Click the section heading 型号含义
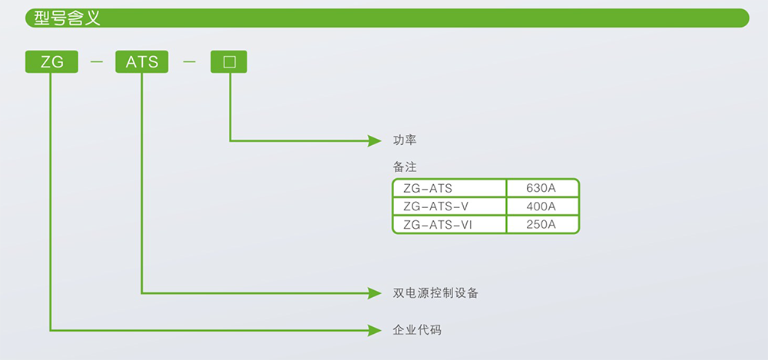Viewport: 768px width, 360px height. pos(68,18)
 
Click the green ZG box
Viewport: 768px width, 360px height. pos(51,62)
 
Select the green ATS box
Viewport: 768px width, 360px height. pos(142,62)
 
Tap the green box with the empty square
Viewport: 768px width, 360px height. pos(230,62)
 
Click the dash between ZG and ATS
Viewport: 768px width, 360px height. pos(97,62)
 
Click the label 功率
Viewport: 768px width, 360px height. pos(405,140)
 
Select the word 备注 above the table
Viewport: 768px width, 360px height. pos(405,167)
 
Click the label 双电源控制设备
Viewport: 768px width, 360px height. pos(435,293)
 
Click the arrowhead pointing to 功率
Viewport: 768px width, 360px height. pos(375,140)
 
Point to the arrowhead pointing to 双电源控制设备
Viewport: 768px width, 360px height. pos(375,292)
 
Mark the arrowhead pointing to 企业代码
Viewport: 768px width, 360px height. pos(375,330)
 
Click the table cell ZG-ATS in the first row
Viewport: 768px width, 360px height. pos(428,188)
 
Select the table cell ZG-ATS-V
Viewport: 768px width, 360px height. pos(435,206)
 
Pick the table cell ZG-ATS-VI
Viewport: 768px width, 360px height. pos(437,225)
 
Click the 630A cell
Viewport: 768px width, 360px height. pos(541,188)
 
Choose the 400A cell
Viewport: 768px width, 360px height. pos(541,206)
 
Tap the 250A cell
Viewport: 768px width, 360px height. pos(541,225)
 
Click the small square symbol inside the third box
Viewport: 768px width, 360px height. pos(230,62)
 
